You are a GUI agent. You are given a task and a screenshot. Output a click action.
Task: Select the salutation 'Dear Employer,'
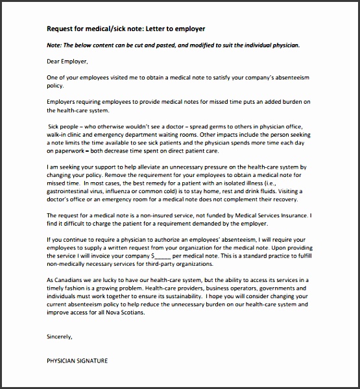[x=67, y=62]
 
